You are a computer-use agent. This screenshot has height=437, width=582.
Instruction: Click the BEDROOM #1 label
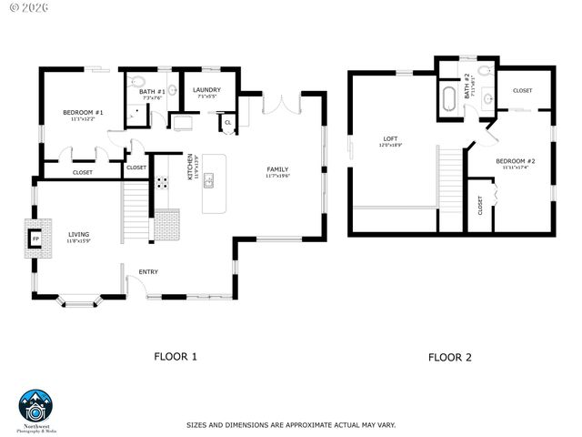[x=83, y=114]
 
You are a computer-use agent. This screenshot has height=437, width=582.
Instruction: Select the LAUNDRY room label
[x=206, y=90]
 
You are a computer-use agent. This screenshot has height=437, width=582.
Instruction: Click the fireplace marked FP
[x=36, y=239]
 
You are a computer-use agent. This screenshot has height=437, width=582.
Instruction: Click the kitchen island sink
[x=208, y=180]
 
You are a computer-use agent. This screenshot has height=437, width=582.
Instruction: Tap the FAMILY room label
[x=277, y=171]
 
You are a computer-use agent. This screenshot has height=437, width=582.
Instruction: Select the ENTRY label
[x=148, y=271]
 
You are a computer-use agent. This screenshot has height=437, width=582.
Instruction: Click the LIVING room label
[x=79, y=239]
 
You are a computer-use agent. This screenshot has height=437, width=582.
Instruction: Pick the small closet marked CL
[x=226, y=121]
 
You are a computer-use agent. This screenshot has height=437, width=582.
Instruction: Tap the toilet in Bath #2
[x=484, y=71]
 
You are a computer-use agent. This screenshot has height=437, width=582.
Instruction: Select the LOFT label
[x=389, y=140]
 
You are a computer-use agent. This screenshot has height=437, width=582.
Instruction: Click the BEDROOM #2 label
[x=515, y=164]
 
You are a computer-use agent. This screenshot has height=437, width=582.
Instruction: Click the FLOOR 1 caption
[x=176, y=357]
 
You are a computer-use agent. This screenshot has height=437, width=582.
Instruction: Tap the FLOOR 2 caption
[x=449, y=357]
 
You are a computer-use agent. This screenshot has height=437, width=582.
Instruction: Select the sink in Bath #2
[x=488, y=98]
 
